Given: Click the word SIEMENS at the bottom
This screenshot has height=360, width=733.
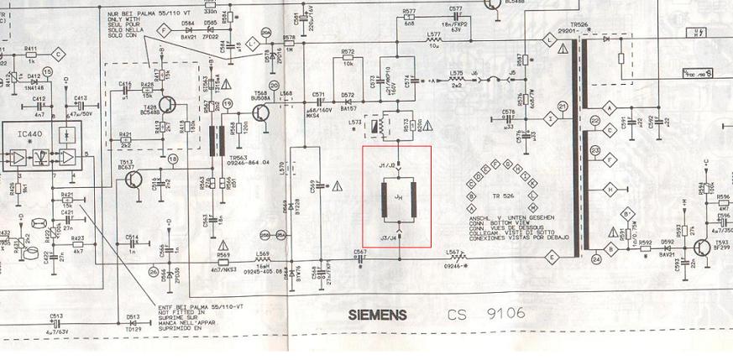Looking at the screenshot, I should [x=378, y=316].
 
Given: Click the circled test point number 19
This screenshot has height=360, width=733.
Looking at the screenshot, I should [x=228, y=104].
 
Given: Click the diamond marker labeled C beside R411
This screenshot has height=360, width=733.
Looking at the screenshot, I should [x=58, y=54].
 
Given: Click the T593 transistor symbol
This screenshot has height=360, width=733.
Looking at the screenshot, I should [x=702, y=246].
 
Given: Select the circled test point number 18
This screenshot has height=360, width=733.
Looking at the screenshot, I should [x=173, y=158].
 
